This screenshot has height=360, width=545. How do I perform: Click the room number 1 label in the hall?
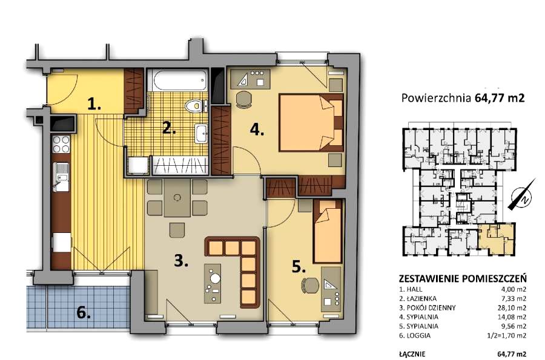(94, 104)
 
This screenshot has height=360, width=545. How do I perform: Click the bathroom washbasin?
(201, 133)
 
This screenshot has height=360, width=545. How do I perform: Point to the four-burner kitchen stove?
(61, 144)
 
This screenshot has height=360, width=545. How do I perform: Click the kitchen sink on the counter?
(61, 177)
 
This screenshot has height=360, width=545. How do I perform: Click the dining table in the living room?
(177, 198)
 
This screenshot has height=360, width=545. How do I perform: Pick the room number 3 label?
(181, 260)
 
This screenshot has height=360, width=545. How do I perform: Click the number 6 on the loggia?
(84, 313)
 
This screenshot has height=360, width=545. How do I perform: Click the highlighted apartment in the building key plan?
(495, 240)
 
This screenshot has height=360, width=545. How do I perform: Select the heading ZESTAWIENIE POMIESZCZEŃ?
(463, 278)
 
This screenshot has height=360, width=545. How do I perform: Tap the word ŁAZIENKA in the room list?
(421, 298)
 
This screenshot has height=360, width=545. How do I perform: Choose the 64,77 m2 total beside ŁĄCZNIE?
(512, 354)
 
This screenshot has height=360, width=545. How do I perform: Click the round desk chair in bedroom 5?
(309, 286)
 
